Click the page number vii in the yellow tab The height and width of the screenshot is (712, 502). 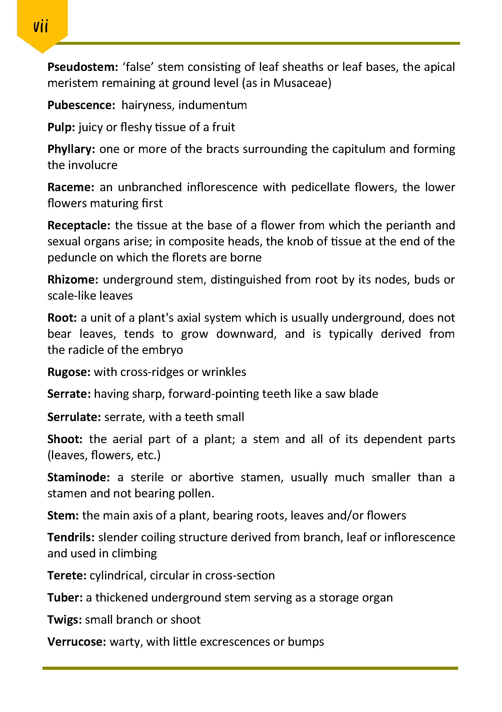pos(41,26)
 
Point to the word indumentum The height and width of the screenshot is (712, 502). pos(213,105)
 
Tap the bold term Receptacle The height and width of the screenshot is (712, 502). pos(79,226)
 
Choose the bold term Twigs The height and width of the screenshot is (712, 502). pos(65,620)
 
